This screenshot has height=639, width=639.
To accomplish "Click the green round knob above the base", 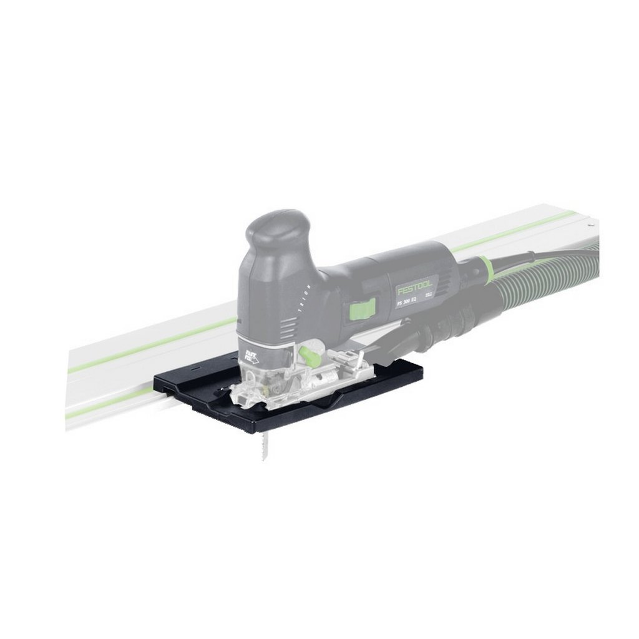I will coord(306,355).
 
